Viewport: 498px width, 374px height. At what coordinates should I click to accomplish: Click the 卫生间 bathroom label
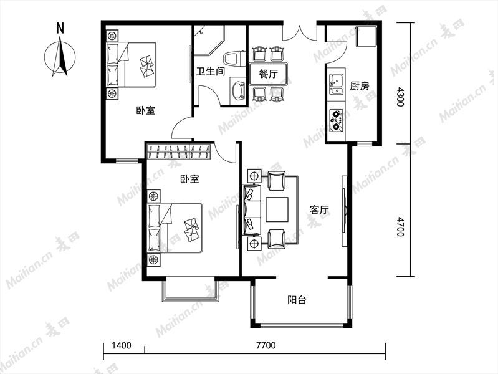210,71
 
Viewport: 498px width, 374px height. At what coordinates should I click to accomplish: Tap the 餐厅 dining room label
269,74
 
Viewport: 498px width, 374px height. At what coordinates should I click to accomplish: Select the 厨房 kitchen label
360,86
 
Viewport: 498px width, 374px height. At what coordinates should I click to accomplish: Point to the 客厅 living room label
319,210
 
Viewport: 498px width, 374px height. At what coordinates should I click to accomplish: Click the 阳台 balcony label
297,300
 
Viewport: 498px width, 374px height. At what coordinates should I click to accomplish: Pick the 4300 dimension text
401,97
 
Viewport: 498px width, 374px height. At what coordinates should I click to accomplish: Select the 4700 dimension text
401,226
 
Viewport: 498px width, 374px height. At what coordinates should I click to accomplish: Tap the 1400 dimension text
122,345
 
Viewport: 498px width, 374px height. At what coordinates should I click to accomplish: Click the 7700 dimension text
266,345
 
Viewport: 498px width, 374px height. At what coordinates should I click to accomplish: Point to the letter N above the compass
60,28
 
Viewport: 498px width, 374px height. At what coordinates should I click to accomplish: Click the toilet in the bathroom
235,59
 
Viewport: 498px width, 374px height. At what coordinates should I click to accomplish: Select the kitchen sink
336,85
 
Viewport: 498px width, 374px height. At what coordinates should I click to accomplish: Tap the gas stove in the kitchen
336,120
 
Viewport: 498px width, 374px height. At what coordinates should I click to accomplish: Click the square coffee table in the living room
277,209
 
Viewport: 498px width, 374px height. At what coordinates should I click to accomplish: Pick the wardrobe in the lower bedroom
180,151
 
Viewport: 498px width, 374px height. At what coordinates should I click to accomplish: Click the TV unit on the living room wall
344,211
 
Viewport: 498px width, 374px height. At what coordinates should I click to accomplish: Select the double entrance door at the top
300,31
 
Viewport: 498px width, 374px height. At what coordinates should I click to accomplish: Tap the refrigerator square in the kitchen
366,36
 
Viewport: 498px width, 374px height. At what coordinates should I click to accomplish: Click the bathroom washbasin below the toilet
237,90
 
